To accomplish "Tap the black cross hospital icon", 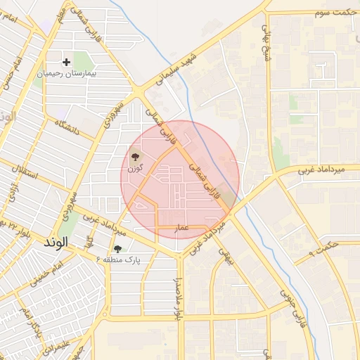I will coord(67,62).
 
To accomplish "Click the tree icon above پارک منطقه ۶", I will coord(117,248).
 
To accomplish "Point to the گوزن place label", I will coord(134,168).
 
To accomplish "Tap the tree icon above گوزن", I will coord(134,157).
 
